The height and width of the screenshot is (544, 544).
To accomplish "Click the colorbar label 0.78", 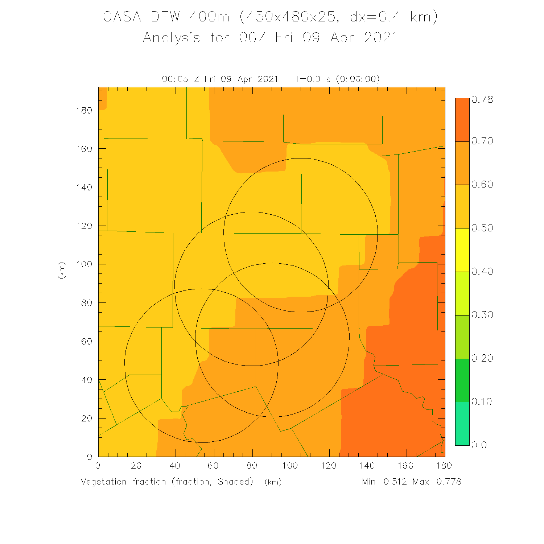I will [x=482, y=99].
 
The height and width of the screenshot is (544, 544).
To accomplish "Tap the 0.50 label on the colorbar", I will [x=482, y=228].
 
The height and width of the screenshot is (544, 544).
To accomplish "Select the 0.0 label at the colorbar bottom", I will [x=479, y=445].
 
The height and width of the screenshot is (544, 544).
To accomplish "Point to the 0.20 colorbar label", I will [x=482, y=358].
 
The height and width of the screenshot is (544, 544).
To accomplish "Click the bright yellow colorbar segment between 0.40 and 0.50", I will [x=462, y=250].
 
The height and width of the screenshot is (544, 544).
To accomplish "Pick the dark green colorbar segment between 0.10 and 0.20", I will [x=462, y=380].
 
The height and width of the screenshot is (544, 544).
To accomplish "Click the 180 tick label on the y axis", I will [x=84, y=110].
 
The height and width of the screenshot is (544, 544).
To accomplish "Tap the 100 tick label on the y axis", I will [x=84, y=264].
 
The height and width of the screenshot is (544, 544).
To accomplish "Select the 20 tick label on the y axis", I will [x=87, y=419].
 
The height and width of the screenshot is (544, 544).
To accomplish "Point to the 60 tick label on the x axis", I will [x=213, y=466].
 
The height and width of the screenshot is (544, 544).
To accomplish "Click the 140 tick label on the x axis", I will [x=367, y=466].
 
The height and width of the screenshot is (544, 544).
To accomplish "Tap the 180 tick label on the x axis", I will [x=444, y=466].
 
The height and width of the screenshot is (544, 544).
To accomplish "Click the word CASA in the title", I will [x=122, y=17].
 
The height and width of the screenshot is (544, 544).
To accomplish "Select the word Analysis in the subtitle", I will [x=172, y=38].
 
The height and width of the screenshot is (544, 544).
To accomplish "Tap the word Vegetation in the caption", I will [x=104, y=482].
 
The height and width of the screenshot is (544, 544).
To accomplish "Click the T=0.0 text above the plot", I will [x=308, y=79].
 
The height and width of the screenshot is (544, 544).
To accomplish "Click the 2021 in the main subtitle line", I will [x=381, y=38].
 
